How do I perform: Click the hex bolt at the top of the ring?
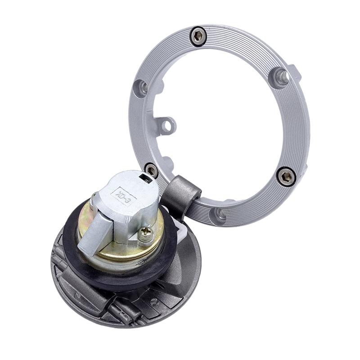[198, 36]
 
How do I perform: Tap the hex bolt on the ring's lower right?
[286, 176]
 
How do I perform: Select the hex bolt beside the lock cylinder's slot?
[152, 171]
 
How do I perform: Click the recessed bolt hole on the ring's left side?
[141, 87]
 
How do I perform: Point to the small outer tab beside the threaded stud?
[294, 72]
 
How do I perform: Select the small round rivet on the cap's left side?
[76, 296]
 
